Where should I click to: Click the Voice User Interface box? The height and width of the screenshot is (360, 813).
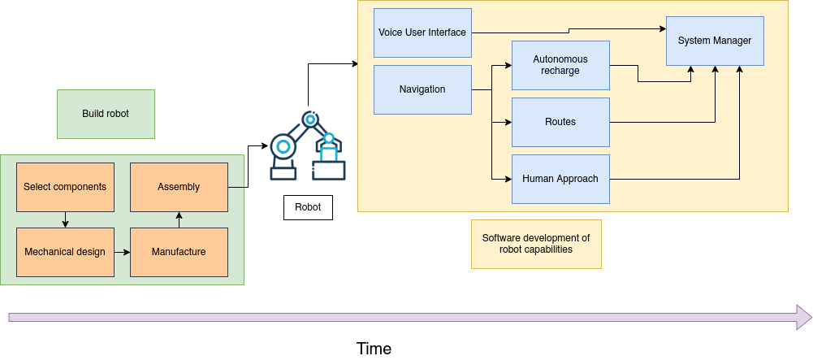422,33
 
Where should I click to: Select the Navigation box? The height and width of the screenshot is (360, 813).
422,89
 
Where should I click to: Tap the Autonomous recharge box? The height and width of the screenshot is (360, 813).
560,65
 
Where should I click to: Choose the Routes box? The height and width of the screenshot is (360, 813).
560,122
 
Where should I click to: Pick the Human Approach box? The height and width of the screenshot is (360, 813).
560,179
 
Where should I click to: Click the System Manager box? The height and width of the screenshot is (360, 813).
715,41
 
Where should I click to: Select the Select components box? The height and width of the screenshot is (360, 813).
65,187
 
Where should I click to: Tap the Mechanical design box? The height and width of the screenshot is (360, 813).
65,252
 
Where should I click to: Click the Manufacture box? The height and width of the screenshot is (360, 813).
179,252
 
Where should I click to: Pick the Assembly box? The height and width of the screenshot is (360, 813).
179,187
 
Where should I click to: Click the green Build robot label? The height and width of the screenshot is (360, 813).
106,114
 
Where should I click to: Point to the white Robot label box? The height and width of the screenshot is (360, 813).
308,207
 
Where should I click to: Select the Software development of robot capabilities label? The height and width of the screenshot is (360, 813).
536,244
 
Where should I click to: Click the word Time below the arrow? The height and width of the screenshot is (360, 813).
374,349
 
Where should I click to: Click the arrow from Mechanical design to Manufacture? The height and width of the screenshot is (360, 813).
122,252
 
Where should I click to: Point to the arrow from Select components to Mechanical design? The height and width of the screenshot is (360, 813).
65,219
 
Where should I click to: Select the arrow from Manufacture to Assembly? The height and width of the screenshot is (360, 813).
179,219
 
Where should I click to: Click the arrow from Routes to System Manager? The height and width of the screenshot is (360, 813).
662,122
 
